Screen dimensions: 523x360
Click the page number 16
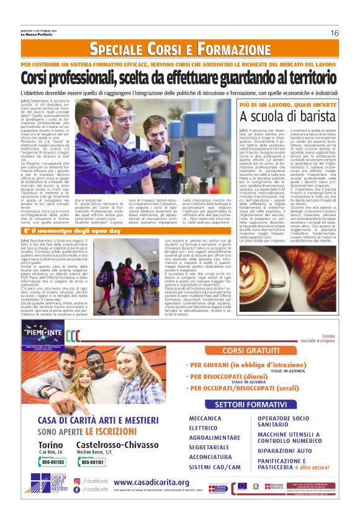[x=334, y=33]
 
